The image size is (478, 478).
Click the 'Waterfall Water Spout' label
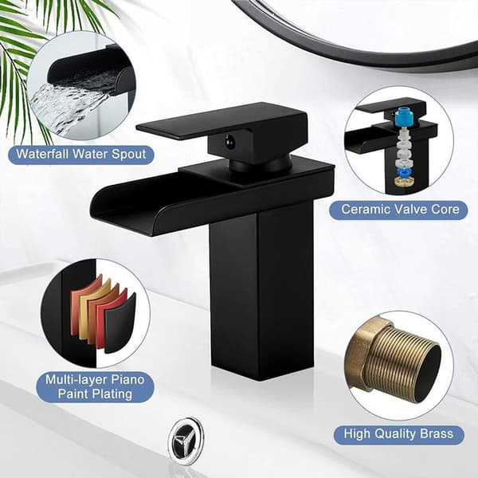(81, 155)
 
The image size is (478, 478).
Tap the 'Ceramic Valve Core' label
(400, 210)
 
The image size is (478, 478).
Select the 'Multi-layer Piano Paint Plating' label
(95, 386)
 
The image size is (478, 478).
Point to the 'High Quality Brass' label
(399, 434)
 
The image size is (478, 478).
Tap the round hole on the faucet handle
(229, 142)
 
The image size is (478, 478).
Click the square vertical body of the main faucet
(261, 292)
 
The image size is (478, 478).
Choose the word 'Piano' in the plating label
(127, 380)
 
